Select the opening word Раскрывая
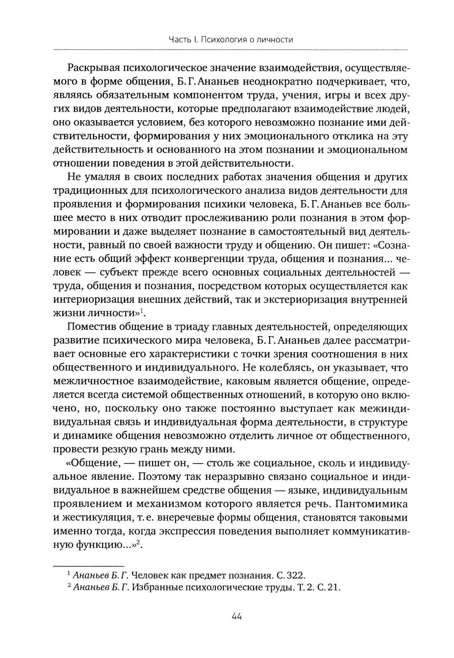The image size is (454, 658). coord(94,68)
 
